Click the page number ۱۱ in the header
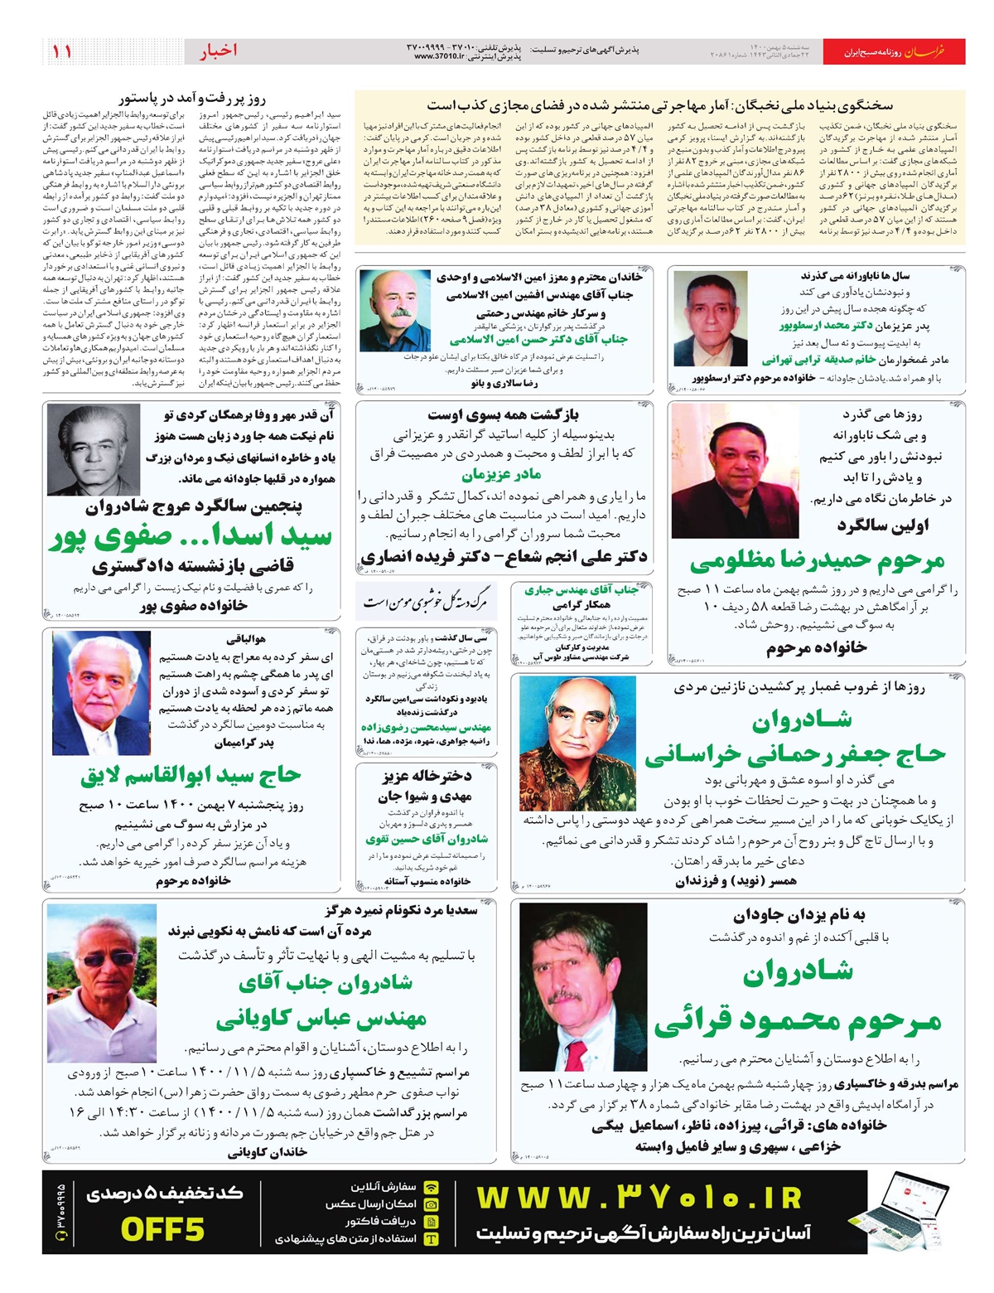pos(61,51)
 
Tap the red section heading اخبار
pos(218,51)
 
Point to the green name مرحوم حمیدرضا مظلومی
pos(817,561)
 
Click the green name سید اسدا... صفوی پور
pos(191,537)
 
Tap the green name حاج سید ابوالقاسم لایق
pos(191,776)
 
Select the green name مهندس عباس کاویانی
pos(321,1018)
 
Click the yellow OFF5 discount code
pos(162,1228)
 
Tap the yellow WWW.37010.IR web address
pos(639,1198)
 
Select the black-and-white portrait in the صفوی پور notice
pos(94,450)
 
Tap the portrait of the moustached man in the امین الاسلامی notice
pos(395,311)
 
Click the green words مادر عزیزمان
pos(501,474)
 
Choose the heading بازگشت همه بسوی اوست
pos(503,414)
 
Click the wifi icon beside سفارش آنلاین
pos(432,1187)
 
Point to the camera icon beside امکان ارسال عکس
pos(432,1204)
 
